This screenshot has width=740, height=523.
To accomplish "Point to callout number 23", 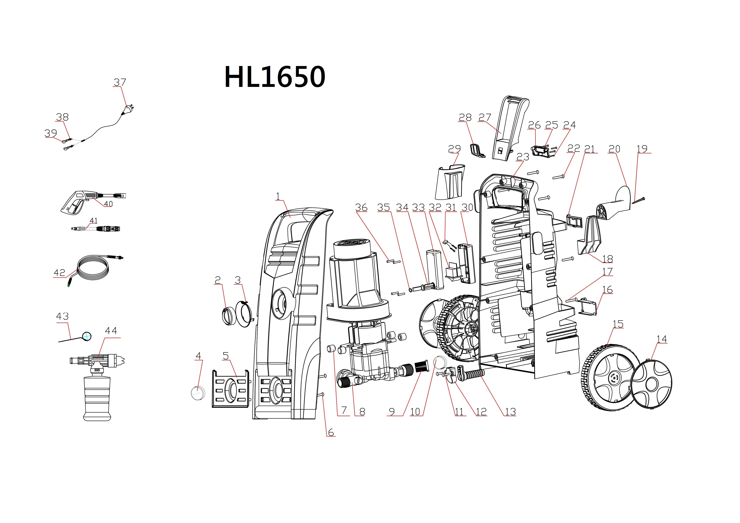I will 523,157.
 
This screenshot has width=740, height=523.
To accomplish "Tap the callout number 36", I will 361,207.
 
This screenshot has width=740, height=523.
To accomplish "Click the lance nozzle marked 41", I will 96,229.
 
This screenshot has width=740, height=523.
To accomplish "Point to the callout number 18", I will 608,259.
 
